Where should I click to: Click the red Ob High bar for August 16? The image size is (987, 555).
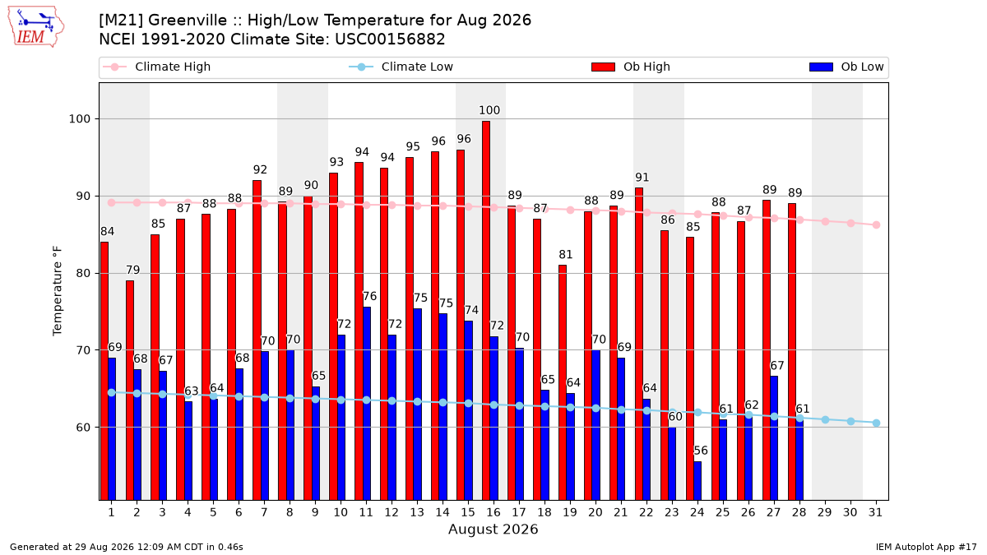486,311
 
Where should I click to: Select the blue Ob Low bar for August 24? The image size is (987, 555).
697,480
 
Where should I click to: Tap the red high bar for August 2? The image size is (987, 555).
130,391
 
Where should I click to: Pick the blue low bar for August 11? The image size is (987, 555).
367,404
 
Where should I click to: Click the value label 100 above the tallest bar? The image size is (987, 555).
489,110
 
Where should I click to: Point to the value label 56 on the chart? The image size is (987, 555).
701,451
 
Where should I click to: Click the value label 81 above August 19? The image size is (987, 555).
565,255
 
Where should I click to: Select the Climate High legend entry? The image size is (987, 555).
157,67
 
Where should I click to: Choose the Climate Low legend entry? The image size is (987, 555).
401,67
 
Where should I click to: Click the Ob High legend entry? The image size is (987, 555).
631,67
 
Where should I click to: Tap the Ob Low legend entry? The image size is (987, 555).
846,67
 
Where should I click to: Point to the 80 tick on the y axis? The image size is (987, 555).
83,274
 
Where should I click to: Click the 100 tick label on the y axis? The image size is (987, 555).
79,119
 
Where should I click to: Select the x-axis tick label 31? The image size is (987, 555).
875,512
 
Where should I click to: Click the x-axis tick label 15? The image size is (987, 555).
468,512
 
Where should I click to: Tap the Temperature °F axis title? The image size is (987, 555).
58,291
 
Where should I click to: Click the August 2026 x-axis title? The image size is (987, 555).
493,529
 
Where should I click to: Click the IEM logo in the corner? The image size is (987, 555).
36,27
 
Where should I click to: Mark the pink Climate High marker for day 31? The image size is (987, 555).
877,225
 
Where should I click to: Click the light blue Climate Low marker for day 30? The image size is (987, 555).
850,422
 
